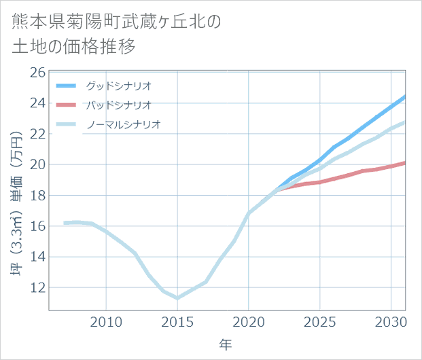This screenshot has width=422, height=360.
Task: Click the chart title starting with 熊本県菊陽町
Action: click(116, 34)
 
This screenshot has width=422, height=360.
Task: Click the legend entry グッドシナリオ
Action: click(118, 86)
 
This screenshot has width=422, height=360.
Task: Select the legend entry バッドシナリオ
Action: click(118, 105)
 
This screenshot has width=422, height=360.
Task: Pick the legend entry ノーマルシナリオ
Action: click(123, 124)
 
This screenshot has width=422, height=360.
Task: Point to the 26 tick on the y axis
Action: click(37, 72)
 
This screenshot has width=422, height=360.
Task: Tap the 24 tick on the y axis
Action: click(37, 103)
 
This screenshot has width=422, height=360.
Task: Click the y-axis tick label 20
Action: click(37, 164)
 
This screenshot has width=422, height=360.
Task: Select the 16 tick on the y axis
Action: click(37, 226)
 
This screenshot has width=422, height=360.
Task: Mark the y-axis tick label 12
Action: click(37, 288)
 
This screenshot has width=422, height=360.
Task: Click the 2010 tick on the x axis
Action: click(107, 321)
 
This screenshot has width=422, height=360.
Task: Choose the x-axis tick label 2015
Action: click(177, 321)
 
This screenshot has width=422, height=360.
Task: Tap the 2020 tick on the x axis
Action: click(249, 321)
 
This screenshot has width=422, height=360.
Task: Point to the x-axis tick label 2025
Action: click(319, 321)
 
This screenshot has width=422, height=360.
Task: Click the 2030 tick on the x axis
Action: click(391, 321)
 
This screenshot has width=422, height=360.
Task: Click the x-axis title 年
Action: click(226, 344)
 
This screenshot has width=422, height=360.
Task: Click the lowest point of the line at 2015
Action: click(177, 298)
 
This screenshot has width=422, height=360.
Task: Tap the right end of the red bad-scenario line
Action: click(405, 162)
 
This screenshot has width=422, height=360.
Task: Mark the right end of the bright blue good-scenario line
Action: click(405, 96)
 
